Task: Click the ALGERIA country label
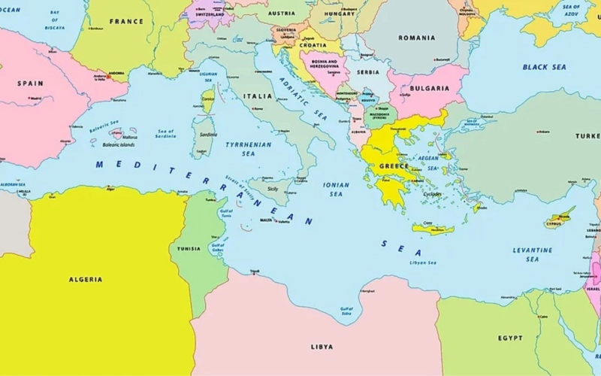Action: pyautogui.click(x=86, y=279)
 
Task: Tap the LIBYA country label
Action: pyautogui.click(x=322, y=347)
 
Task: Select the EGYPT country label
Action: pyautogui.click(x=511, y=338)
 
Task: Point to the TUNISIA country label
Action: pyautogui.click(x=189, y=248)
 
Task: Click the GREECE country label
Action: pyautogui.click(x=394, y=166)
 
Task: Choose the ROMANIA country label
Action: pyautogui.click(x=417, y=38)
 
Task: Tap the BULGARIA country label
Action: pyautogui.click(x=430, y=88)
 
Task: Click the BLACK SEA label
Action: pyautogui.click(x=545, y=67)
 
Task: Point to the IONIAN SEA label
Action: pyautogui.click(x=336, y=189)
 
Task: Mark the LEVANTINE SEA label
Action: pyautogui.click(x=532, y=254)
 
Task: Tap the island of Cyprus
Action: pyautogui.click(x=560, y=219)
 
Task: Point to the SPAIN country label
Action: pyautogui.click(x=30, y=83)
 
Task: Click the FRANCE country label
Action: pyautogui.click(x=126, y=22)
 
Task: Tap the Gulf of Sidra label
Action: pyautogui.click(x=346, y=310)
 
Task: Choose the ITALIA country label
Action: pyautogui.click(x=258, y=97)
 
